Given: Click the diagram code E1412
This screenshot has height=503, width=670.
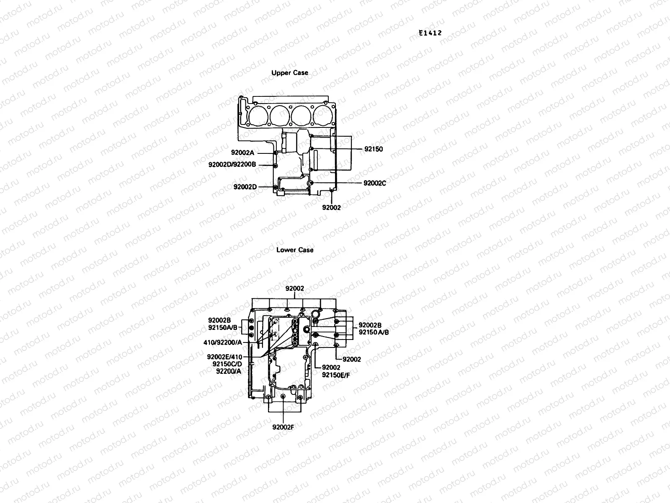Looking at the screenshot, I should tap(430, 33).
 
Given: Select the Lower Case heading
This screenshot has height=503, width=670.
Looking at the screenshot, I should tap(295, 250).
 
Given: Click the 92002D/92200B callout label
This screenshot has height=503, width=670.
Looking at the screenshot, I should tap(232, 165).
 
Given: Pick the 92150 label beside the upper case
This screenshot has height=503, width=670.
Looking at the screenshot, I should tap(374, 149).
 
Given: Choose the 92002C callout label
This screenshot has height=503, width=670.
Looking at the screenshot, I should tap(375, 183).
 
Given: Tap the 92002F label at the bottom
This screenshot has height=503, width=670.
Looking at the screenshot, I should tap(283, 427).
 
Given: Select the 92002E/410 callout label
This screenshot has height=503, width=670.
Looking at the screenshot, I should tap(224, 357).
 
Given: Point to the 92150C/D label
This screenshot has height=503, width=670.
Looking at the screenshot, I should tap(227, 364).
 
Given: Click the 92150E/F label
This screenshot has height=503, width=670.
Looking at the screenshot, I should tap(336, 375).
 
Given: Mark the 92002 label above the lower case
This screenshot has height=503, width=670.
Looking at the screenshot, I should tap(295, 289).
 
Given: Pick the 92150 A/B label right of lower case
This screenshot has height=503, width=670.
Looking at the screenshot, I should tap(374, 332).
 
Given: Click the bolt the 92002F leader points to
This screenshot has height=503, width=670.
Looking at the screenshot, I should tap(283, 397).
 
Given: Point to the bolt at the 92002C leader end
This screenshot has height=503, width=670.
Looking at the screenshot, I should tap(310, 183).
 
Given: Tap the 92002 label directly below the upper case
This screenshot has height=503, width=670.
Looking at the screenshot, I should tap(331, 207).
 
